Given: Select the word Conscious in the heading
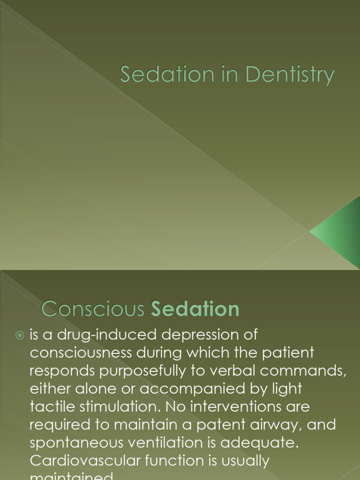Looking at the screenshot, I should coord(93,309).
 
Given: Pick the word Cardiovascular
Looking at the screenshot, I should coord(88,460).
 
